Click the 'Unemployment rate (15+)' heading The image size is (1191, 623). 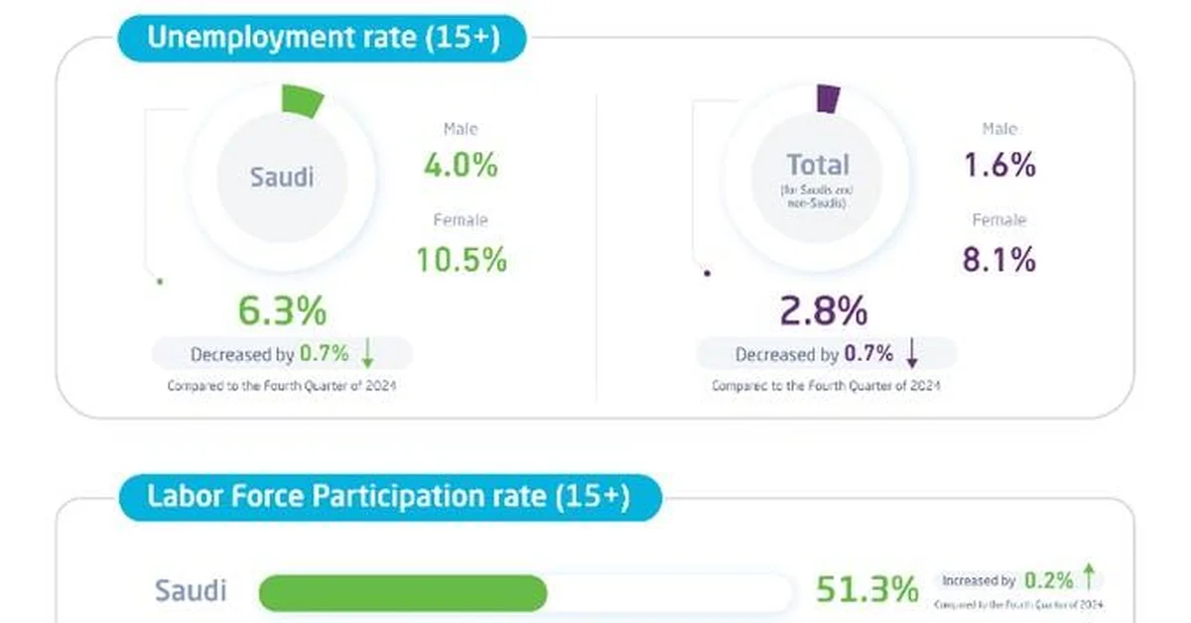click(323, 39)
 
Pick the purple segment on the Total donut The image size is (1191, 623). click(828, 98)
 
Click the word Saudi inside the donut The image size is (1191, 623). click(281, 178)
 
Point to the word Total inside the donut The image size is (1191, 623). click(818, 165)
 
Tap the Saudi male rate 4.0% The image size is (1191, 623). click(460, 165)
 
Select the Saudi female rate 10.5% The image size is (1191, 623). click(461, 259)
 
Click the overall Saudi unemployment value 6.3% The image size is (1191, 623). click(282, 311)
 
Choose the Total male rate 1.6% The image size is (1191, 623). click(998, 165)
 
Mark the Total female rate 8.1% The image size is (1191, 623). click(998, 259)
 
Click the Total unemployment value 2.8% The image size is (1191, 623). click(825, 311)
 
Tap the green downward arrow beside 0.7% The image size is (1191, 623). click(367, 353)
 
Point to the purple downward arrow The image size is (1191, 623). click(912, 353)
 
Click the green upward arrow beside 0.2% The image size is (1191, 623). click(1089, 575)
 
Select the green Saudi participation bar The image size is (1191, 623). click(402, 592)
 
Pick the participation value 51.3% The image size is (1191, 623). click(866, 589)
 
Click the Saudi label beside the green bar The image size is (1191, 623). click(191, 591)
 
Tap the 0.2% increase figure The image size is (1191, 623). click(1048, 579)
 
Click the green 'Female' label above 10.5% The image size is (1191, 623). click(461, 220)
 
